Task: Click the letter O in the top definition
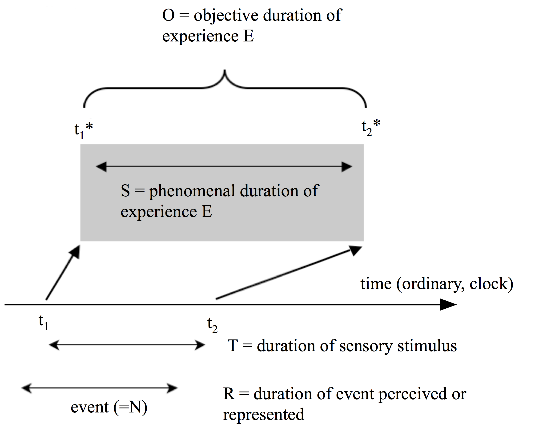click(x=169, y=15)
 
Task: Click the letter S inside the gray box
click(x=125, y=191)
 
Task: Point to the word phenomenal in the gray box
click(x=192, y=191)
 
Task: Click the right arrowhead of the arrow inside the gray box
click(x=347, y=166)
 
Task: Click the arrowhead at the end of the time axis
click(x=448, y=305)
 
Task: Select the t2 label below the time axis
click(x=212, y=325)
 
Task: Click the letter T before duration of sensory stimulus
click(x=233, y=346)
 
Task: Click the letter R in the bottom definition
click(x=229, y=394)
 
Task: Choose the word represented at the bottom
click(x=264, y=415)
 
